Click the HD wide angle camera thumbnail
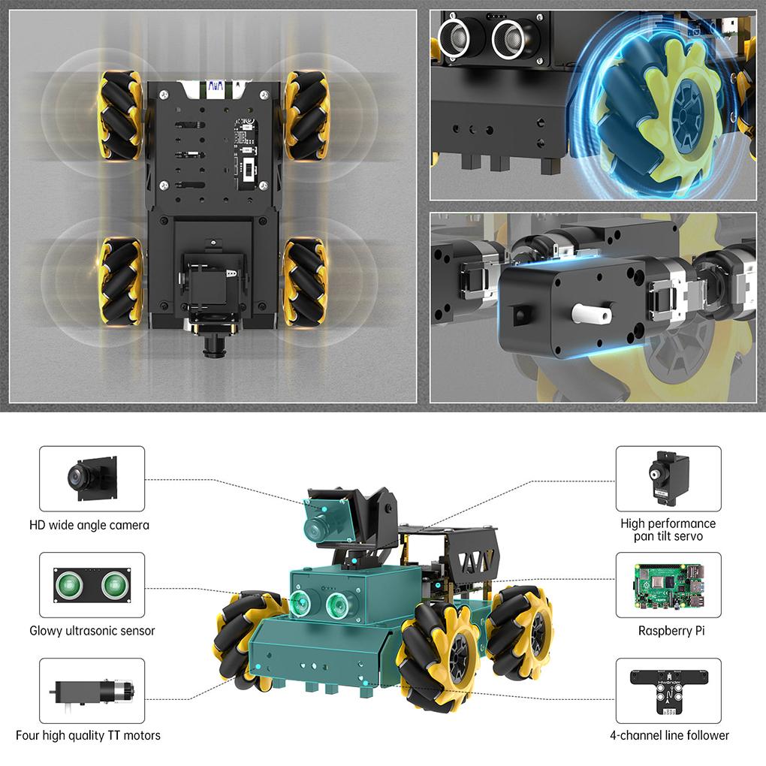pos(92,478)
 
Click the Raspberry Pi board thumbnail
pos(668,585)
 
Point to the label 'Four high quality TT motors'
pos(88,735)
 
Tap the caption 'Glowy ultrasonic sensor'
pos(92,631)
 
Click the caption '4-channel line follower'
pos(669,735)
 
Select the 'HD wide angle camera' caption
pos(89,525)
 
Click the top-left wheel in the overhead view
pos(120,114)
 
